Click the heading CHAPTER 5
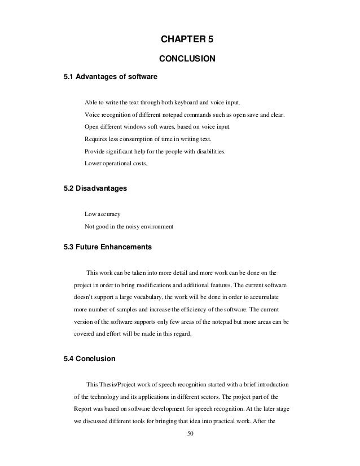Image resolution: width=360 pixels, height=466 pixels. pos(187,39)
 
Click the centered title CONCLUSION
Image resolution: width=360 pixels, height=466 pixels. pos(187,58)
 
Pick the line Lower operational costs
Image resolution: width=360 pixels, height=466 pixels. pos(116,164)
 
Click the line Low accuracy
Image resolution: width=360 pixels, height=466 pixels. pos(102,214)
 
